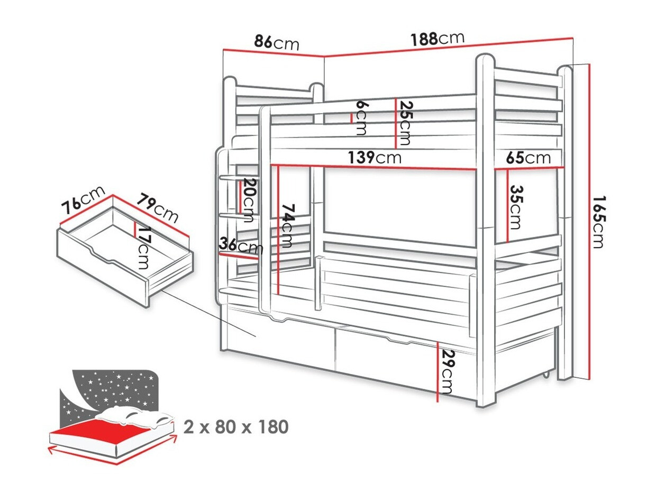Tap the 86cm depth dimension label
point(277,43)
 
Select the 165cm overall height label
point(599,222)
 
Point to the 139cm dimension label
point(375,157)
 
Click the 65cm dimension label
point(528,158)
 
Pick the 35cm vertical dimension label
point(516,207)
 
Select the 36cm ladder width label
point(241,245)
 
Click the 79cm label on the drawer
point(158,208)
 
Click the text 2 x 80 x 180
point(236,426)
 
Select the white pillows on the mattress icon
point(134,417)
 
